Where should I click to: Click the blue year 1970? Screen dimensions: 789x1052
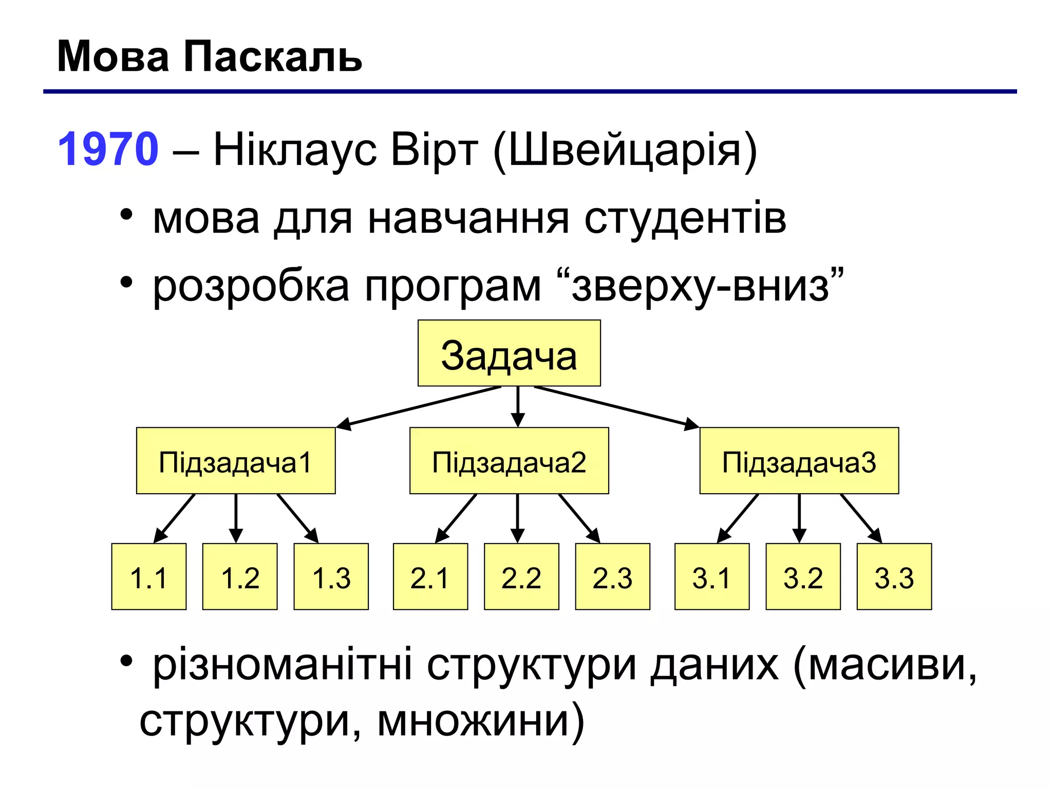tap(108, 149)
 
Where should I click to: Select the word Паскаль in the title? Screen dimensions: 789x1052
tap(272, 57)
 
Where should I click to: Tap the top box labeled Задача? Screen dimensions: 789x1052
tap(509, 353)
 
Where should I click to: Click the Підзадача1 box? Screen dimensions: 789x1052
tap(236, 461)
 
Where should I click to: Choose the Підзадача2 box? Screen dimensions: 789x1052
tap(509, 461)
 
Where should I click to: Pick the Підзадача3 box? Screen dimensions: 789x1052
tap(799, 461)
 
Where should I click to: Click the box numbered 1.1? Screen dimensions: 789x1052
tap(149, 576)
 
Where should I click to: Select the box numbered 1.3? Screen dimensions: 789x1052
tap(331, 576)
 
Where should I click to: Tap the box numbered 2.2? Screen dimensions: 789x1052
tap(521, 576)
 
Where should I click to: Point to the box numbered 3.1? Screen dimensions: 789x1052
tap(712, 576)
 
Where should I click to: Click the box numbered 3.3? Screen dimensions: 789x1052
tap(894, 576)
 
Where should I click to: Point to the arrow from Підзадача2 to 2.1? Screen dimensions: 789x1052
tap(456, 518)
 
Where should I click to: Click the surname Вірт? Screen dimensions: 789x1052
tap(434, 150)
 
